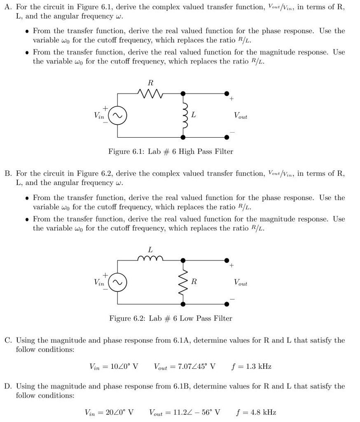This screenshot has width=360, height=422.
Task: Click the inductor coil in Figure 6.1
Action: (184, 115)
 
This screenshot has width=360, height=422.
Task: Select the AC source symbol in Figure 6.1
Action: (118, 116)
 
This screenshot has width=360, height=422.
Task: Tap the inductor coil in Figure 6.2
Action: (150, 259)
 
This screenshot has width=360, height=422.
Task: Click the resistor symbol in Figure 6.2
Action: (184, 282)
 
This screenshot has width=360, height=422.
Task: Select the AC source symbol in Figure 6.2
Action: (118, 282)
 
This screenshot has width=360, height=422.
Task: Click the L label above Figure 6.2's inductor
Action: (150, 249)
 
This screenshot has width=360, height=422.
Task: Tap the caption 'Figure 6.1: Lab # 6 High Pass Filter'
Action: (171, 152)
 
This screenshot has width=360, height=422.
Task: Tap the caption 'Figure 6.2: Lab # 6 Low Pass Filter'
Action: (171, 318)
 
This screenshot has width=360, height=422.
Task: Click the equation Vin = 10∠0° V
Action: (114, 366)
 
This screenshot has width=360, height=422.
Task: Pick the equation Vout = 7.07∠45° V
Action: (185, 366)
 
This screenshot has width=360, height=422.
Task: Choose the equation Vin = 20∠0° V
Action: (109, 412)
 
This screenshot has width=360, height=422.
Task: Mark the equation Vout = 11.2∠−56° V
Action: (185, 412)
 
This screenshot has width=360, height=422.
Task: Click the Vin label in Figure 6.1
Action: (99, 116)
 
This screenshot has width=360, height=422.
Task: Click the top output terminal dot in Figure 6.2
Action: (227, 260)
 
